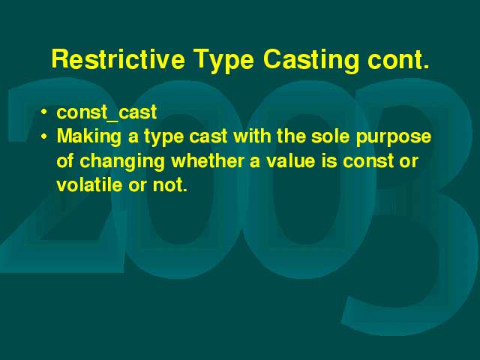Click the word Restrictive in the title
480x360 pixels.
click(118, 58)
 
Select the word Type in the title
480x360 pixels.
click(223, 61)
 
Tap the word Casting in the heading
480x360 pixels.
click(310, 61)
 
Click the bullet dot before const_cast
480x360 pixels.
click(44, 112)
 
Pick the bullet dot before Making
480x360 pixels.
click(44, 136)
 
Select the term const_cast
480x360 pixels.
click(106, 112)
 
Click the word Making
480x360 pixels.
click(89, 136)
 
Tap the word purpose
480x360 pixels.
click(394, 138)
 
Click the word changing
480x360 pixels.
click(121, 162)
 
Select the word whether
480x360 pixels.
click(208, 160)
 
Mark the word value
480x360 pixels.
click(290, 160)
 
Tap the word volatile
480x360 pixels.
click(89, 185)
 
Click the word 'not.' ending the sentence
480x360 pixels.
click(170, 185)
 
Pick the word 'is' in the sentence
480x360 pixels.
click(328, 160)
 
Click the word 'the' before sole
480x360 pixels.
click(291, 136)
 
